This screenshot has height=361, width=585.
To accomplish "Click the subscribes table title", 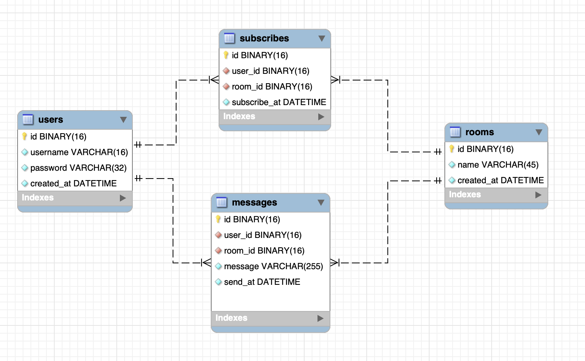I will point(264,38).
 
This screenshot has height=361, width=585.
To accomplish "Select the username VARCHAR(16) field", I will point(79,152).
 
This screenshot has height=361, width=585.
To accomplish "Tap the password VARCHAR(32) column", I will point(78,168).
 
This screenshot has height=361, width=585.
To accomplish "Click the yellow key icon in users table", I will point(25,136).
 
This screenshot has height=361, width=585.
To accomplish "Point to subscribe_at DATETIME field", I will point(278,102).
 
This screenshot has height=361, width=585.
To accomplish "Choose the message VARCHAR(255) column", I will point(273,266).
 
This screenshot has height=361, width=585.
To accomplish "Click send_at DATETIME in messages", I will point(262,282).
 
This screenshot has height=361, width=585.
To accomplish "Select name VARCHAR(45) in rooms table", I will point(498,164).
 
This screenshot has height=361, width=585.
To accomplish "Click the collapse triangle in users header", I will point(123,120).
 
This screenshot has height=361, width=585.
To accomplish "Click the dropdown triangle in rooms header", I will point(539,132).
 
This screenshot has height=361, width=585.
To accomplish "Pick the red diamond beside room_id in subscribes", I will point(226,86).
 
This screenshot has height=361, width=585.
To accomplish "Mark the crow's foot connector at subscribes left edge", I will point(214,80).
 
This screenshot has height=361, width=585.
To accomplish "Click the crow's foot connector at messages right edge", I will point(335,263).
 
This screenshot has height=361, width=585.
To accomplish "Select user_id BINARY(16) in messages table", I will point(262,235).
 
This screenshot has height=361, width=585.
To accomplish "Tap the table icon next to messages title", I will point(221,202).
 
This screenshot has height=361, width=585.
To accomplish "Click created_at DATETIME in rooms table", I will point(500,180).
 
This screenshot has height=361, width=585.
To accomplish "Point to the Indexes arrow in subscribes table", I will point(321,116).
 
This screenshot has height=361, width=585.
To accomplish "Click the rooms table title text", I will point(479,132).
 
